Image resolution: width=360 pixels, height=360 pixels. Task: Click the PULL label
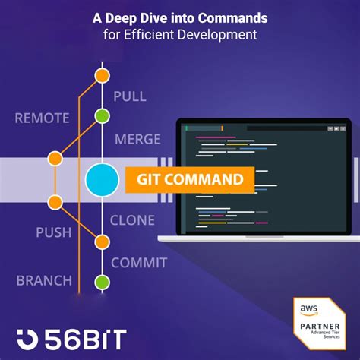point(129,96)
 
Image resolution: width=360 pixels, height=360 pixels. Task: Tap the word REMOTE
point(43,118)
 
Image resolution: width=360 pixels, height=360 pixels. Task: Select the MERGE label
point(137,140)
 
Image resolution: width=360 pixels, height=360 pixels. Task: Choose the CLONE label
point(134,221)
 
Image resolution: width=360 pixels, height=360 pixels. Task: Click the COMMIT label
point(139,263)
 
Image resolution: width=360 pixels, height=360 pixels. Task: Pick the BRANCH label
point(44,280)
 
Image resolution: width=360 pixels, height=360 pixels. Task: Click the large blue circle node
point(103,181)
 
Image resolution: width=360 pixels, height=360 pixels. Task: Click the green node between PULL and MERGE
point(102,116)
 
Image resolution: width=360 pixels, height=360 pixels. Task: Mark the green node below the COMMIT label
point(102,283)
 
